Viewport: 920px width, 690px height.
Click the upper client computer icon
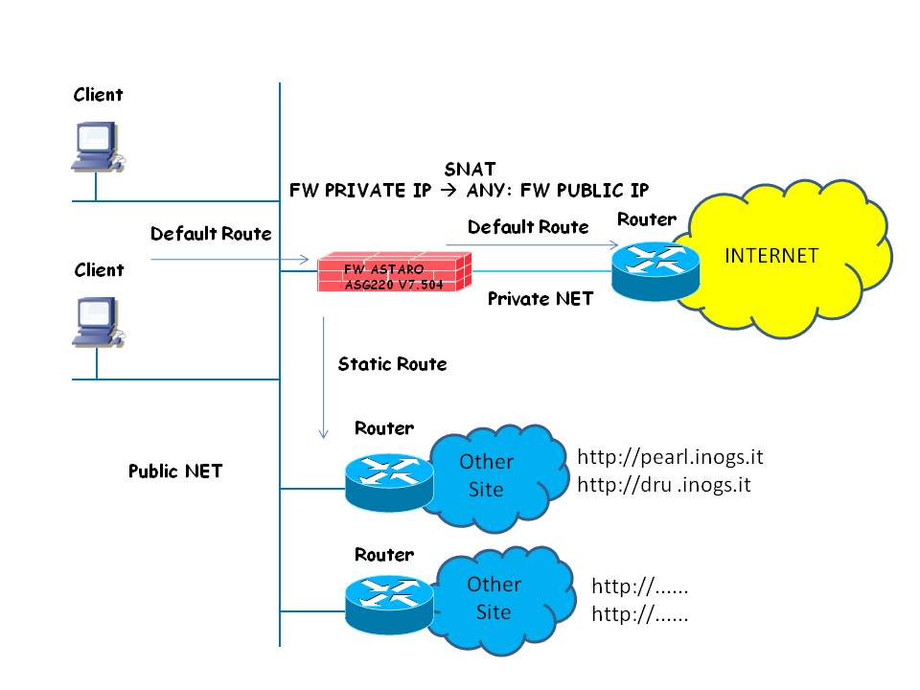pos(98,147)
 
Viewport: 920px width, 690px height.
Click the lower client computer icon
pos(98,323)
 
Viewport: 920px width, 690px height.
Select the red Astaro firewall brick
pos(395,273)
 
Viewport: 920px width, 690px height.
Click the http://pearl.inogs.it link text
pos(670,455)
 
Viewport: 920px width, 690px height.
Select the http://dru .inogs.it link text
pos(664,485)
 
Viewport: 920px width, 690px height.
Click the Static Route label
pos(392,364)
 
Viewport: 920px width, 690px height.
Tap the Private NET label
pos(540,299)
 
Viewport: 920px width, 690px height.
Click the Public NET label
pos(175,471)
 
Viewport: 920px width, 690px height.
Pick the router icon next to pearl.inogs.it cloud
pos(388,479)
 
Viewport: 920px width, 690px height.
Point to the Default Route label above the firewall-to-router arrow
pos(528,227)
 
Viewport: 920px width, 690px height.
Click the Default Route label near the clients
pos(211,234)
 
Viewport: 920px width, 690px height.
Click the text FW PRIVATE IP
pos(360,191)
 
